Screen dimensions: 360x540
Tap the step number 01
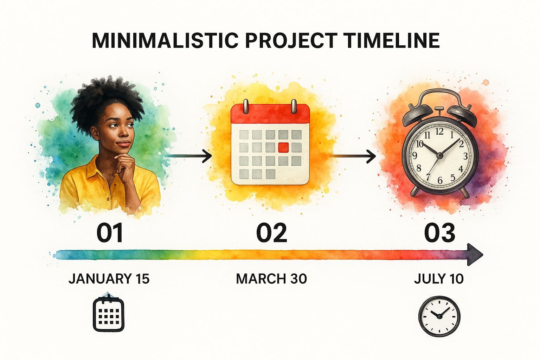click(110, 233)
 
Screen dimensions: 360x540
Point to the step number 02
click(271, 233)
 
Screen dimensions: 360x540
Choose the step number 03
click(439, 233)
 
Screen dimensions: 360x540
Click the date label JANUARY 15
click(109, 279)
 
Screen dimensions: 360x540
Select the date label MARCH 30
click(271, 279)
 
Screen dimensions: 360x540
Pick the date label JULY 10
click(439, 279)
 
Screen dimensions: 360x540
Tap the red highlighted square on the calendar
click(283, 148)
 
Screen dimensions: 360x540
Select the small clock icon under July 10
click(439, 315)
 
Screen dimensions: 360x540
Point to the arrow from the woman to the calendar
click(188, 155)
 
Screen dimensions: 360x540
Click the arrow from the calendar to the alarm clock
click(354, 156)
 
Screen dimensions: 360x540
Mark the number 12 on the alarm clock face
click(439, 131)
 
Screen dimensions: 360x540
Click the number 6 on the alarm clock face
click(439, 181)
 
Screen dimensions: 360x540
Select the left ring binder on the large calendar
click(246, 105)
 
